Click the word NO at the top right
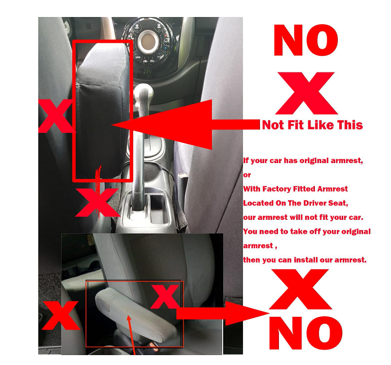(306, 40)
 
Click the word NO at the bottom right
(305, 333)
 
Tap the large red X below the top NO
(306, 93)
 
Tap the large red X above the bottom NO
(300, 289)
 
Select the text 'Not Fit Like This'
(312, 125)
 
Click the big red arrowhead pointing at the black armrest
(162, 124)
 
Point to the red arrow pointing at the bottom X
(222, 313)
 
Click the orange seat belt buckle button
(153, 346)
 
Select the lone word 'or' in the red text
(247, 175)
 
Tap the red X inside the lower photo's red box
(165, 296)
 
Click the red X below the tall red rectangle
(97, 202)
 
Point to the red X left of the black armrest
(55, 116)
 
